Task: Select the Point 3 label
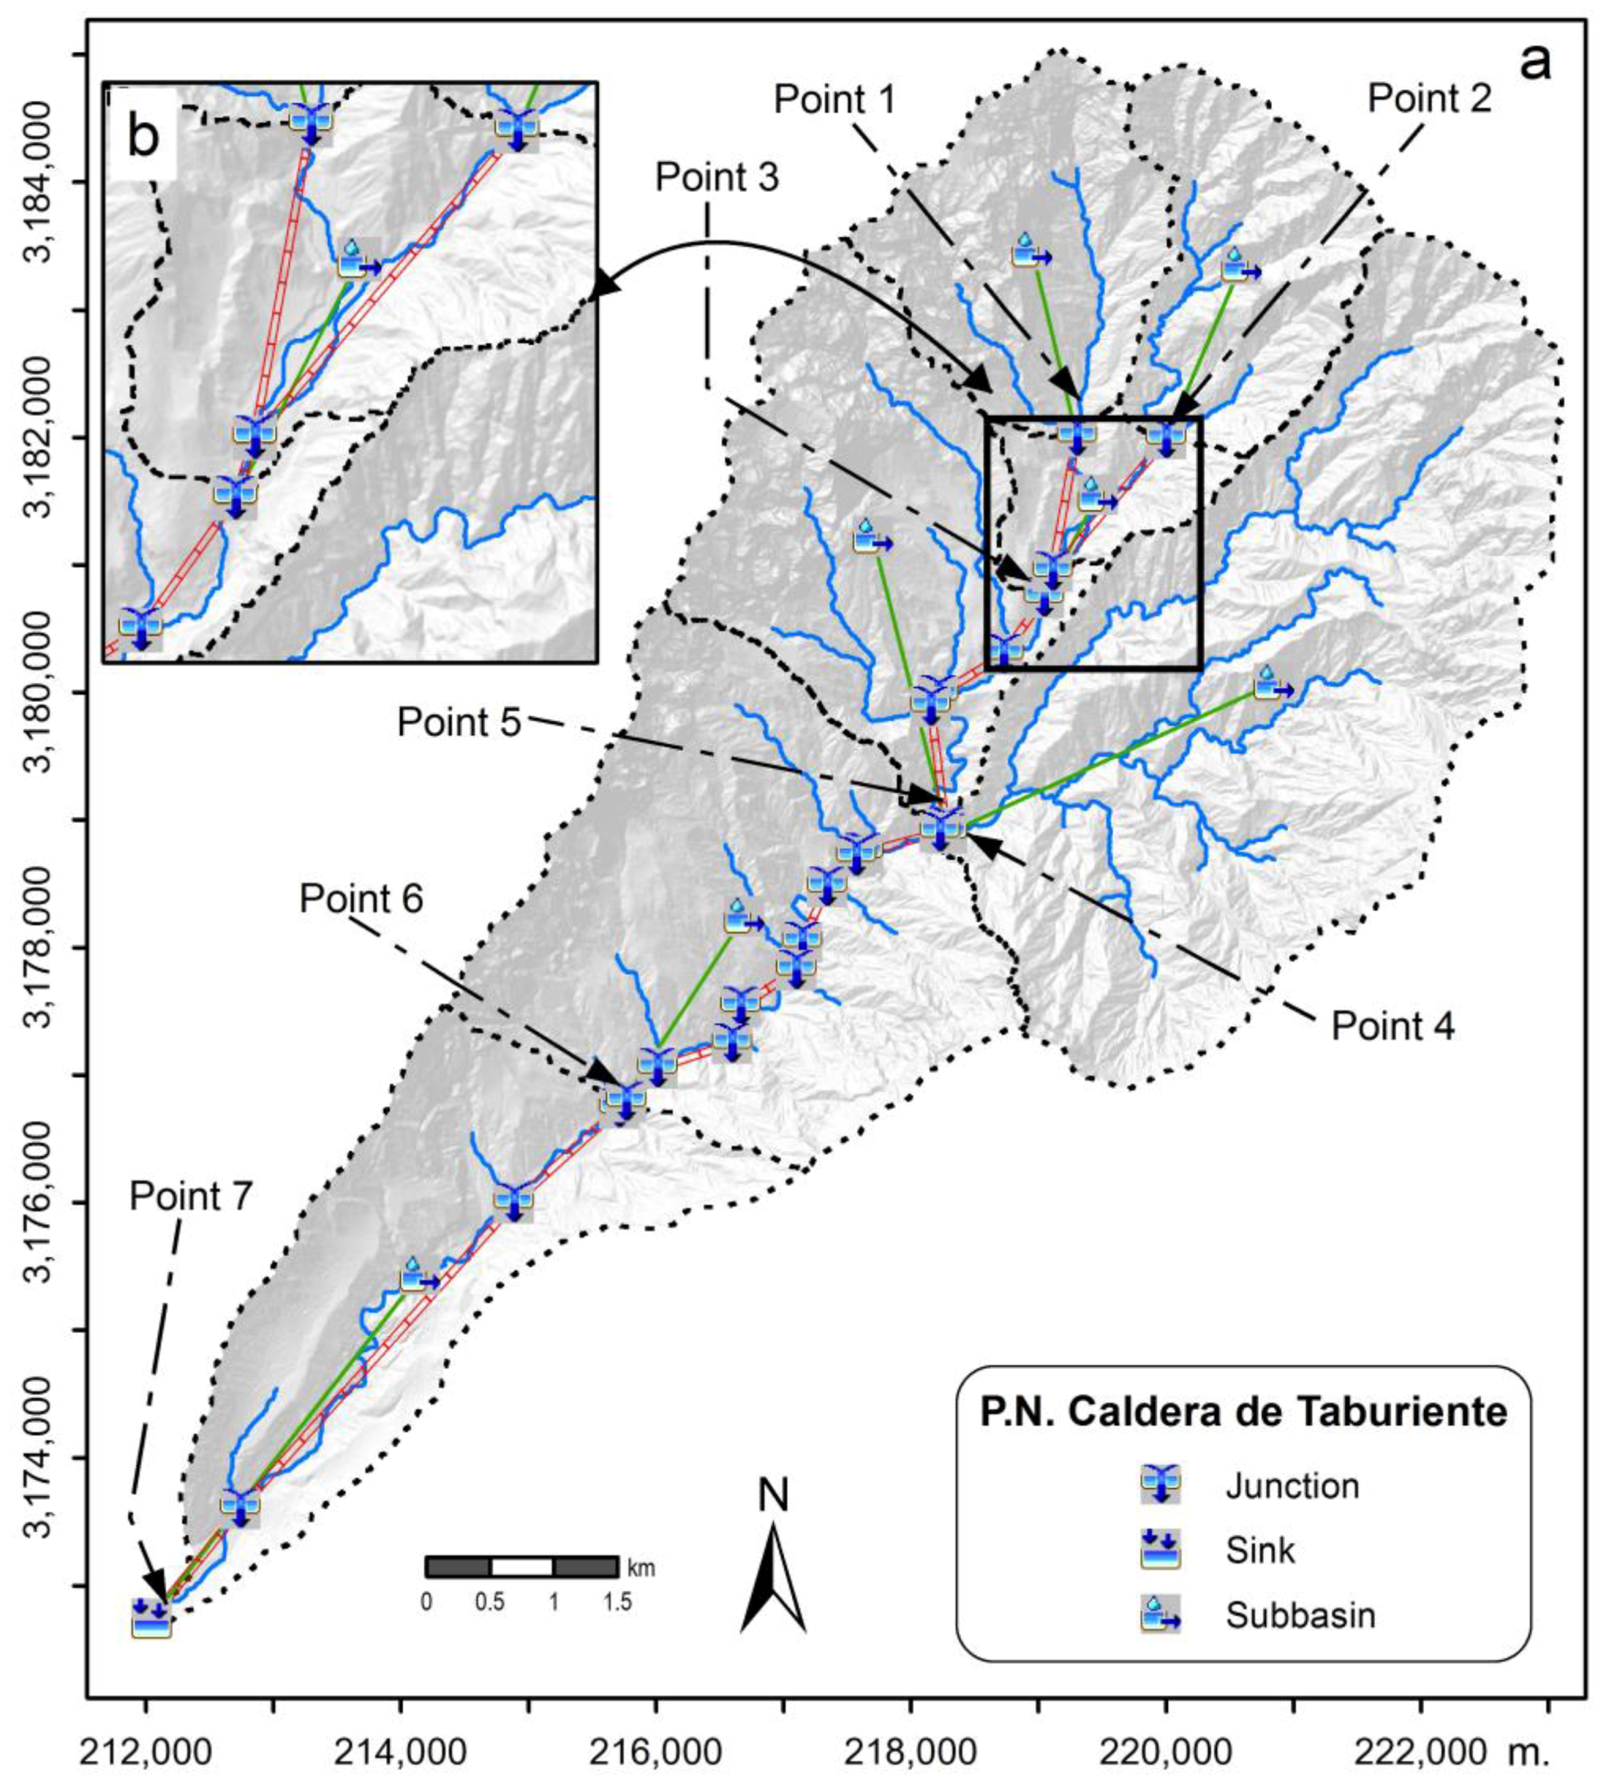[717, 178]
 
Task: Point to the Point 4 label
[1393, 1027]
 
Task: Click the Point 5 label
[459, 722]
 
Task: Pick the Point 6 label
[361, 899]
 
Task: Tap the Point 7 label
[191, 1197]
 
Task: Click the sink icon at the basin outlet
[151, 1619]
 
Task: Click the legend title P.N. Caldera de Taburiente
[1243, 1412]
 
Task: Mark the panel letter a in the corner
[1535, 64]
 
